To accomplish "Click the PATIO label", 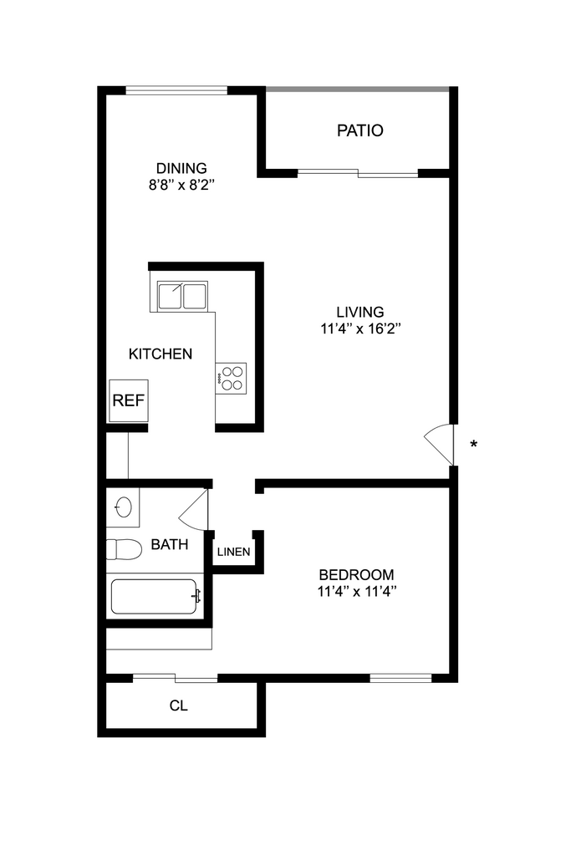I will pyautogui.click(x=360, y=130).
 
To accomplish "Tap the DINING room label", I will pyautogui.click(x=181, y=168).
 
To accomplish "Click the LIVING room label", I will pyautogui.click(x=359, y=312).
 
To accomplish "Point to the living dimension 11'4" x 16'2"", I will pyautogui.click(x=361, y=329).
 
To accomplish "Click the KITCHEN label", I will pyautogui.click(x=161, y=354).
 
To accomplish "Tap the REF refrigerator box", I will pyautogui.click(x=129, y=400).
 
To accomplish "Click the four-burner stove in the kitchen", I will pyautogui.click(x=232, y=377).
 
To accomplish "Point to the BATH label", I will pyautogui.click(x=169, y=545).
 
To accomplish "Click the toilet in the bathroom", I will pyautogui.click(x=124, y=550).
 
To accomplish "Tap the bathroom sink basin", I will pyautogui.click(x=123, y=507).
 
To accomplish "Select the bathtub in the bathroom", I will pyautogui.click(x=155, y=597).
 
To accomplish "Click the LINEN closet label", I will pyautogui.click(x=233, y=553).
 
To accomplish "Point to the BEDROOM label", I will pyautogui.click(x=357, y=575).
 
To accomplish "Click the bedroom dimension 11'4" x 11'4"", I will pyautogui.click(x=357, y=592).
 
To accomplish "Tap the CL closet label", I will pyautogui.click(x=179, y=706).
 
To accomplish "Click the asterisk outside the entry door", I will pyautogui.click(x=474, y=444).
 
